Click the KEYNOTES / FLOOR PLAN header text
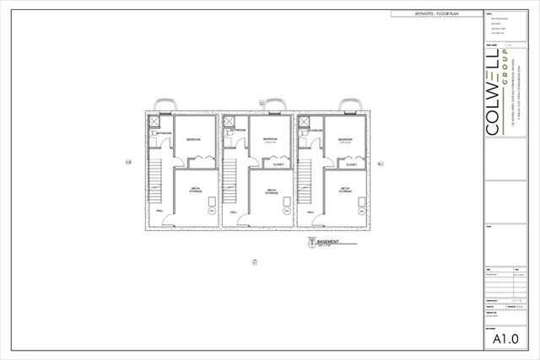(x=436, y=14)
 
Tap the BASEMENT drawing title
(x=328, y=242)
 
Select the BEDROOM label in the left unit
(x=193, y=140)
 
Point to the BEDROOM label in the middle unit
(x=271, y=138)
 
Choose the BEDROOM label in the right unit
(x=344, y=140)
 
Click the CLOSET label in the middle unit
(x=278, y=164)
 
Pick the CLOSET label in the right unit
(x=351, y=164)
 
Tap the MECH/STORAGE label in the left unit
(x=195, y=190)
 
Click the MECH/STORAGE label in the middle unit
(x=272, y=191)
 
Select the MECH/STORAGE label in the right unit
(x=345, y=190)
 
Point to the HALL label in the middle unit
(x=234, y=212)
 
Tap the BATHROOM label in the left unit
(x=164, y=133)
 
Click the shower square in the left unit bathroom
(x=154, y=122)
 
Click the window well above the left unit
(x=168, y=105)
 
